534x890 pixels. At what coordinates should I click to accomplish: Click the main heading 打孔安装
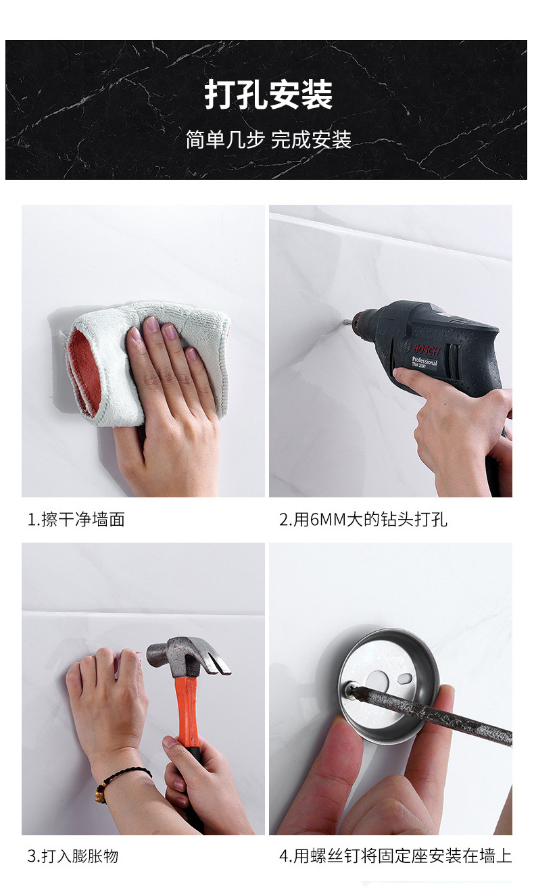(268, 95)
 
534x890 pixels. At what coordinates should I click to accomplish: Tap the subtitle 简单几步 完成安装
(268, 139)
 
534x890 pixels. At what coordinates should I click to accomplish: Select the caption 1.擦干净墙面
(76, 519)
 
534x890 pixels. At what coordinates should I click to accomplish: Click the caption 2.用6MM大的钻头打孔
(363, 519)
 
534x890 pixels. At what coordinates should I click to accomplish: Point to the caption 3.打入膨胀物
(73, 856)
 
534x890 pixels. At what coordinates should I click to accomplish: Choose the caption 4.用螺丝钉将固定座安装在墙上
(395, 856)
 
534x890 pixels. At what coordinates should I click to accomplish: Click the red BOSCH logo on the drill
(427, 350)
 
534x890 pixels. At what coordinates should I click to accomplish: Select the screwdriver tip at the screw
(352, 690)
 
